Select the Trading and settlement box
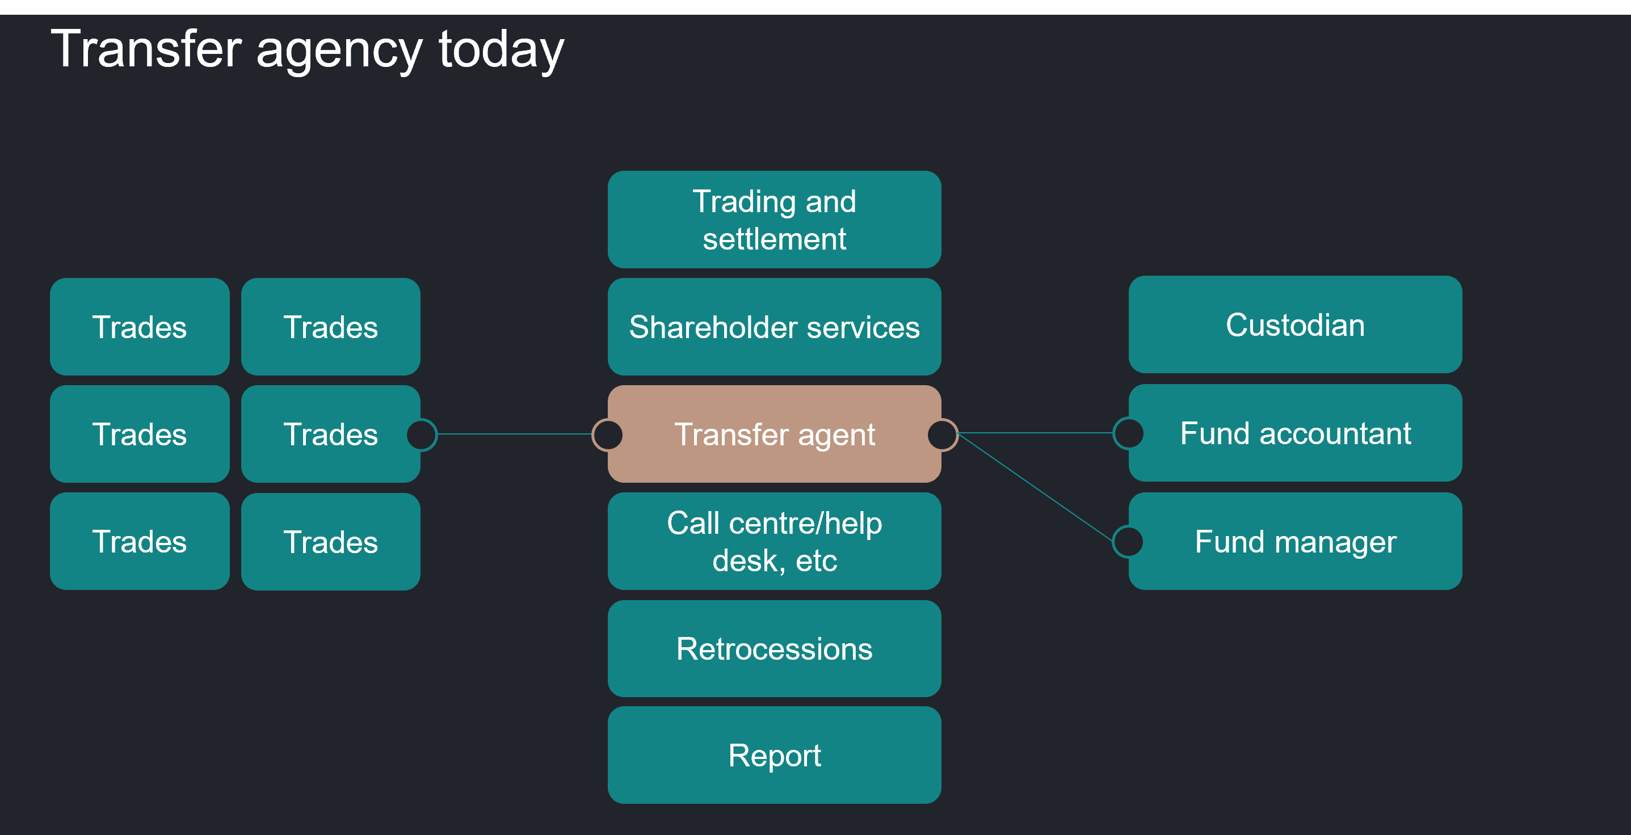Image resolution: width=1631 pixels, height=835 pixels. (x=774, y=220)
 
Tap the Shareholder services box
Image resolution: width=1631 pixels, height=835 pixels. (x=774, y=327)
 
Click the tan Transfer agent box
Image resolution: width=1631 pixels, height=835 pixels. (x=774, y=435)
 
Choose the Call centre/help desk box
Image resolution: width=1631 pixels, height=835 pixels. (x=774, y=541)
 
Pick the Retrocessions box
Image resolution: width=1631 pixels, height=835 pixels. (x=774, y=649)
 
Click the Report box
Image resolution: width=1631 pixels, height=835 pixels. (x=774, y=755)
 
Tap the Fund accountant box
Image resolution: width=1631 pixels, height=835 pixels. (x=1296, y=433)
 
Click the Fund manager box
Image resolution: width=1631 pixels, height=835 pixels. (x=1296, y=541)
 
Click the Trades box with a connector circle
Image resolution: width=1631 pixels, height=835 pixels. (x=330, y=435)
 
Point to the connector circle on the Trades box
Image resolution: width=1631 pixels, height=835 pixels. (x=422, y=435)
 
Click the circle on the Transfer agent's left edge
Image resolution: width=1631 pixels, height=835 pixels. (x=607, y=435)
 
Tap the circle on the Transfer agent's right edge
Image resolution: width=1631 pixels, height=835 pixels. (x=943, y=435)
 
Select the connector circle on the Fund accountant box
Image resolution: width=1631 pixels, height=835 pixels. (x=1128, y=433)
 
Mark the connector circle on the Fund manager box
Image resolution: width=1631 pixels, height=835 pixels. (x=1128, y=542)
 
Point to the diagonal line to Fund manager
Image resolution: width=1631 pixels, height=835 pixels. (x=1036, y=487)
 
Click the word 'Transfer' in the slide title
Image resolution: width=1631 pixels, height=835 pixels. (x=146, y=49)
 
